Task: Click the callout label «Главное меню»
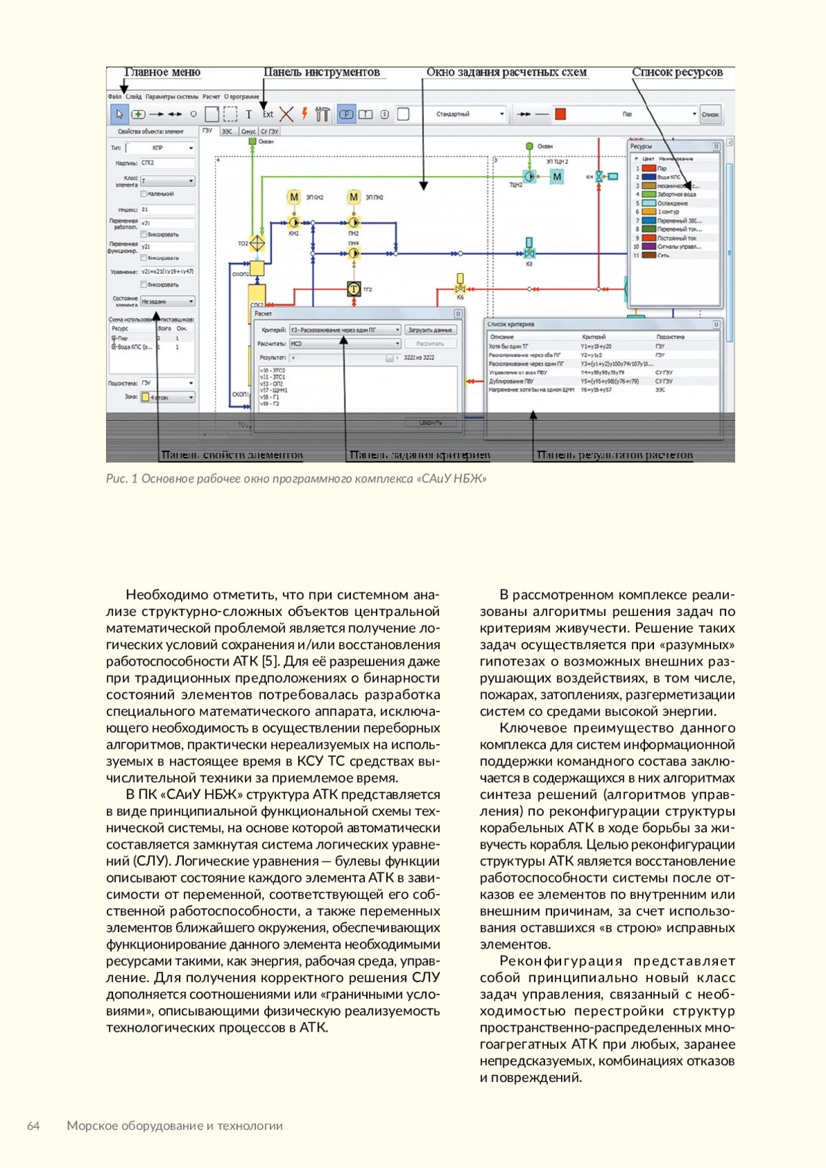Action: (162, 72)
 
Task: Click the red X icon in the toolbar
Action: (286, 114)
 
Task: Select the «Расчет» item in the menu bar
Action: (211, 97)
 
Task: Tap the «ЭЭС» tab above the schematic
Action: (226, 131)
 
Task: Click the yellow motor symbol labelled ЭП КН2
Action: (294, 198)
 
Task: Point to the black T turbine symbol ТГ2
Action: (353, 289)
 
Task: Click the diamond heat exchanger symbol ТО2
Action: (257, 243)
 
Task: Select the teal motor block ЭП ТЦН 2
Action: (557, 177)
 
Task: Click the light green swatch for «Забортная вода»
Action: (648, 195)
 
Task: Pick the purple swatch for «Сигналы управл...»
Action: (648, 246)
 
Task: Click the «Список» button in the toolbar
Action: (710, 114)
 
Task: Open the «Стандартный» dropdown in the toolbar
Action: (470, 114)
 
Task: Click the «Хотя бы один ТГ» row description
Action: (509, 347)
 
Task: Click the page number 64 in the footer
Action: (33, 1126)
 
